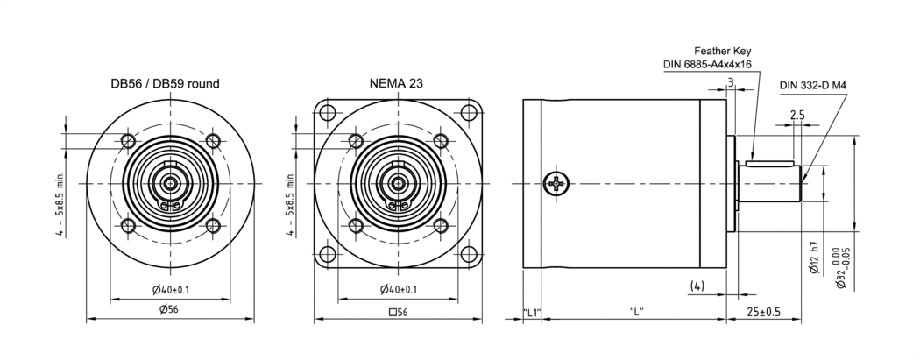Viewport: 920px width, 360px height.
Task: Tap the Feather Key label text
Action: coord(722,51)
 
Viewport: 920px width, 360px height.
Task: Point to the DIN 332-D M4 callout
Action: coord(817,86)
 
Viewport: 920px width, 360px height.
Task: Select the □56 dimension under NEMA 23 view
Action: coord(398,311)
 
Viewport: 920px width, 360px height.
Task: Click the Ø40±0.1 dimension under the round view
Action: coord(170,290)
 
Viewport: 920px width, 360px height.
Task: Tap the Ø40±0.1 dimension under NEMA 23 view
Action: coord(399,290)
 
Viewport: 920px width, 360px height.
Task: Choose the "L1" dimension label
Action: coord(532,311)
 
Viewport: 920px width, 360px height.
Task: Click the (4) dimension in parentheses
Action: coord(697,286)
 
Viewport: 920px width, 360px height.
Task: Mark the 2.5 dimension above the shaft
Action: coord(796,115)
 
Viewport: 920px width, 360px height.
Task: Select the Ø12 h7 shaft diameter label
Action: coord(815,258)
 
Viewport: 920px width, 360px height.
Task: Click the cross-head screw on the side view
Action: coord(556,184)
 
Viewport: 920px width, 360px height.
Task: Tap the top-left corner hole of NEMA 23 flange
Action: coord(328,113)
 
